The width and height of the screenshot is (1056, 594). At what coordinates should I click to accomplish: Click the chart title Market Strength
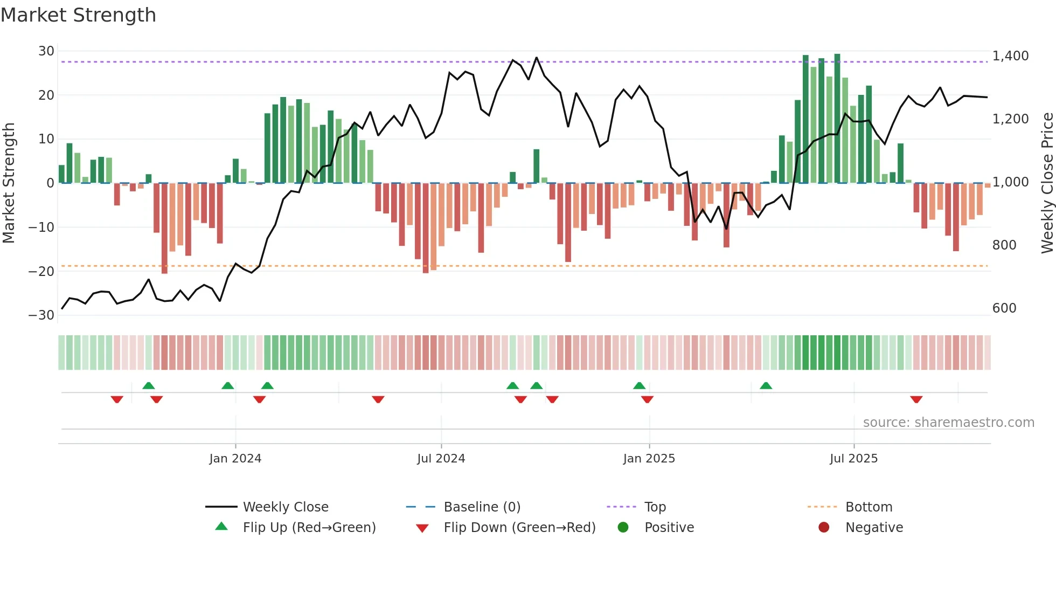pos(78,15)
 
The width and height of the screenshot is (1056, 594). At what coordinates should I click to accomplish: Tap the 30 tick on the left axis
pos(46,51)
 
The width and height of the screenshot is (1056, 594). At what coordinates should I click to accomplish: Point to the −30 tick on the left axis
pos(41,315)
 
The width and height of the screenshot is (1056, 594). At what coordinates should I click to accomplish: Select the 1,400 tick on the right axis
pos(1010,56)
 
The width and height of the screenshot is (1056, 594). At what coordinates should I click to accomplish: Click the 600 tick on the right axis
pos(1004,308)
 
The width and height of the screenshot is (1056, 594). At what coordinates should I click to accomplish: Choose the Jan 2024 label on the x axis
pos(235,459)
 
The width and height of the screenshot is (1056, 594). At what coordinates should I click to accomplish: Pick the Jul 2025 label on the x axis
pos(853,459)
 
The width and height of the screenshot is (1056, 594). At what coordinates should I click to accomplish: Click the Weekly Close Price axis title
pos(1047,183)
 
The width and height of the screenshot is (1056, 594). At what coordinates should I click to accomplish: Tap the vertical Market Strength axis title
pos(9,183)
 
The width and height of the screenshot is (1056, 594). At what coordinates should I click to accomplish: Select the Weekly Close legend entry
pos(285,507)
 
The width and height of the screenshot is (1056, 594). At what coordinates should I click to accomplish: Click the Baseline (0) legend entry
pos(482,507)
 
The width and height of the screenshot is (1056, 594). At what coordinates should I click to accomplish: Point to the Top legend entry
pos(655,507)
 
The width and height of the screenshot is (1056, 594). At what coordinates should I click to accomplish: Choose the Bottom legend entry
pos(869,507)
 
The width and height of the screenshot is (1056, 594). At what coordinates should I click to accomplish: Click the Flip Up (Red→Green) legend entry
pos(309,528)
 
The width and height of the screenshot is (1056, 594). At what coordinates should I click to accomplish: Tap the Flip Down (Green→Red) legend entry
pos(519,528)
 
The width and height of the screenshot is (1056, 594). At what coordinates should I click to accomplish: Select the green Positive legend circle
pos(623,528)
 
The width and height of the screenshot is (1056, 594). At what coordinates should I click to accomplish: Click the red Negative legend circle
pos(824,528)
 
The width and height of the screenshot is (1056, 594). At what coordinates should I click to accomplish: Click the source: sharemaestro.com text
pos(948,423)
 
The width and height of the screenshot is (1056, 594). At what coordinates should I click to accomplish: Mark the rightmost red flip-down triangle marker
pos(916,399)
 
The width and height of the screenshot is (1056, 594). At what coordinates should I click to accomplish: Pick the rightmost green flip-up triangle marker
pos(766,385)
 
